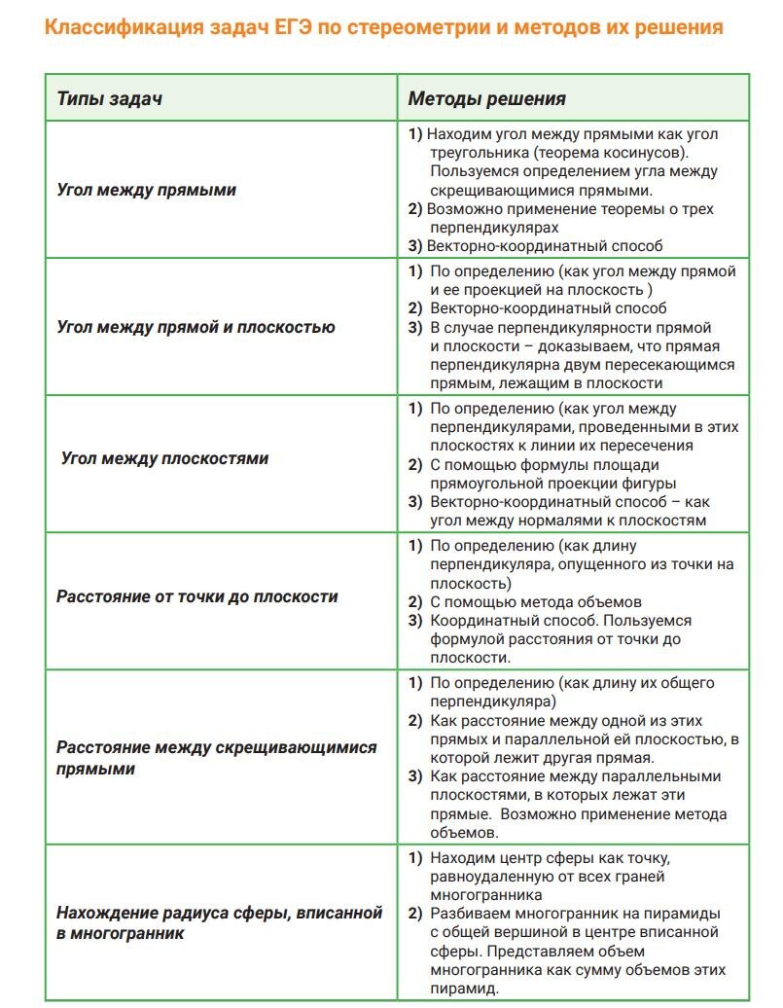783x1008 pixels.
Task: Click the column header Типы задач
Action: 109,98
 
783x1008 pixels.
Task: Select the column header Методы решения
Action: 486,98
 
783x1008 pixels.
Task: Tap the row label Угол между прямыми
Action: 146,190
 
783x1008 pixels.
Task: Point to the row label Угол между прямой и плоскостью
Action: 196,327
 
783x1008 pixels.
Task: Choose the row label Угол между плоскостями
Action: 165,458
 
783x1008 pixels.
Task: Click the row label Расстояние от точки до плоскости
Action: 197,596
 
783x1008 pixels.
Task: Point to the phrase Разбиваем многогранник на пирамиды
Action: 575,914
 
